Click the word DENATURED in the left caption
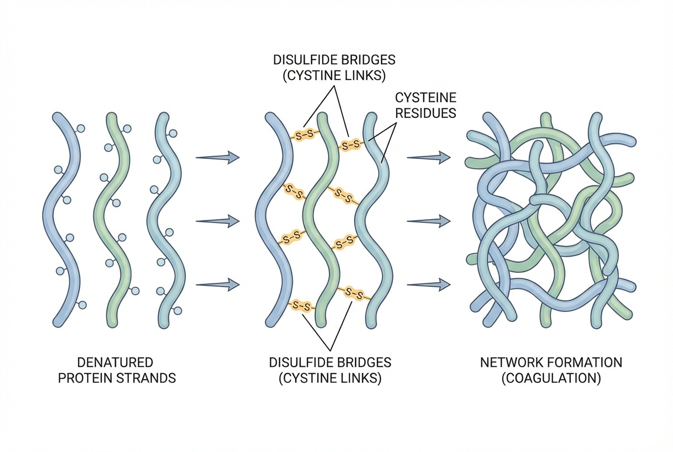click(115, 362)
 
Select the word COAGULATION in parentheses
click(551, 378)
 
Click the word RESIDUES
click(426, 112)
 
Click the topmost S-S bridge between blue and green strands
click(303, 135)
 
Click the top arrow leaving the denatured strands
click(217, 157)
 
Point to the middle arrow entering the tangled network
click(429, 220)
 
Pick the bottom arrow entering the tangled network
click(429, 284)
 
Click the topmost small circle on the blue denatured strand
click(80, 128)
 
